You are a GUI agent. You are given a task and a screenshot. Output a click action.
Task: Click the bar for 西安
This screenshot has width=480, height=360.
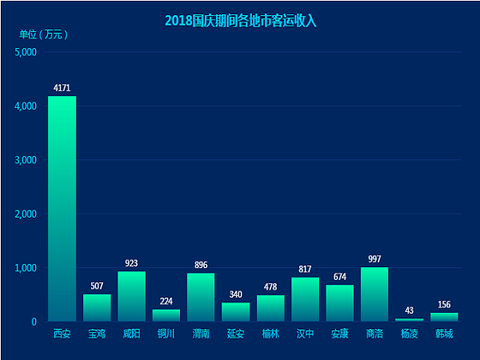pos(62,208)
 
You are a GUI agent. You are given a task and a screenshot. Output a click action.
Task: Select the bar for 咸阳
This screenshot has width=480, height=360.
pos(131,296)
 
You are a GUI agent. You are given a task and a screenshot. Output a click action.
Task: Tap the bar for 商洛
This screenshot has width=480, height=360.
pos(374,294)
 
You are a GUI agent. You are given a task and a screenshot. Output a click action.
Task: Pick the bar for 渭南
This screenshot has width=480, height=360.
pos(201,297)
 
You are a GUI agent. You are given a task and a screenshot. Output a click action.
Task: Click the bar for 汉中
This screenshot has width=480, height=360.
pos(305,299)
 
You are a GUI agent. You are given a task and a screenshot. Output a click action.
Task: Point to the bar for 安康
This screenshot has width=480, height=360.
pos(339,303)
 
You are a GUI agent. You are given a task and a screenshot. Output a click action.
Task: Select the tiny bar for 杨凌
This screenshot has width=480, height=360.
pos(409,320)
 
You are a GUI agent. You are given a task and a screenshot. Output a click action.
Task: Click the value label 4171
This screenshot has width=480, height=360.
pos(62,87)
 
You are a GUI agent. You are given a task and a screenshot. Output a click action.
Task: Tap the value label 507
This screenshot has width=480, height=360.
pos(97,286)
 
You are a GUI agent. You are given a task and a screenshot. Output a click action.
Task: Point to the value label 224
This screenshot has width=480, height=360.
pos(166,301)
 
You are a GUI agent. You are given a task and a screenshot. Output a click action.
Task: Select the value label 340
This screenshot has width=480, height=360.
pos(235,294)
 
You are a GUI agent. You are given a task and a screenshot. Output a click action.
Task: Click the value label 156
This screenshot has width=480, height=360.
pos(444,304)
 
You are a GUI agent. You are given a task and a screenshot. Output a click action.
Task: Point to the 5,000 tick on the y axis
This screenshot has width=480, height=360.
pos(26,53)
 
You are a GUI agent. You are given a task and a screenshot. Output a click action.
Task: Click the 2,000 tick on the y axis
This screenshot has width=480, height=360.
pos(26,214)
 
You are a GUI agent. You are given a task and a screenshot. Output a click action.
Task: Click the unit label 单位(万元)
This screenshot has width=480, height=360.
pos(44,34)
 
